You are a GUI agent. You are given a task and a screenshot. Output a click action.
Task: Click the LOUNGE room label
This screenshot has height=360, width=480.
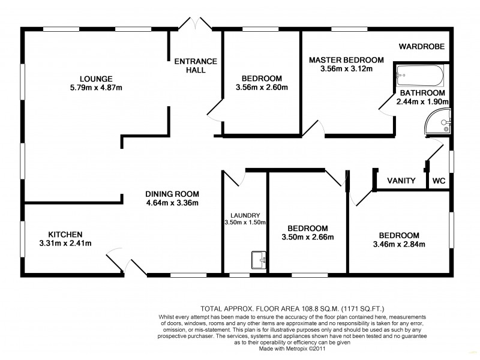coord(97,78)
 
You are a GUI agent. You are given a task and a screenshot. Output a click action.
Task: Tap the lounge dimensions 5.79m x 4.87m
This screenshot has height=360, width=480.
coord(97,88)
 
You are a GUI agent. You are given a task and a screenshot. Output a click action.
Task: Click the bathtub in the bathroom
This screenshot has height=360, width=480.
coord(419,76)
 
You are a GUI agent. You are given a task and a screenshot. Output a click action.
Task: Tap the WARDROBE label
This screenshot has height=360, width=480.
coord(423,46)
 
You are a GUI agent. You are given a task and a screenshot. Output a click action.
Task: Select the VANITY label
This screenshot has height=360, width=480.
coord(401,180)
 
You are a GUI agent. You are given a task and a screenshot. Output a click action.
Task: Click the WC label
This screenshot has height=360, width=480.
coord(440,180)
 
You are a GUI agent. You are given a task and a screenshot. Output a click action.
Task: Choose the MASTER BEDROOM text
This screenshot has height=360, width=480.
coord(346,60)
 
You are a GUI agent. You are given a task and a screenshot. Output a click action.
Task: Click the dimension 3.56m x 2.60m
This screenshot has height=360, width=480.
coord(262,88)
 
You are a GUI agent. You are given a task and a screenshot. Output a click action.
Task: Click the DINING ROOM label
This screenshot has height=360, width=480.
coord(172,194)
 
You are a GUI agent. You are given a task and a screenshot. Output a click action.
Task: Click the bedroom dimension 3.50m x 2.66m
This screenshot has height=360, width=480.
coord(307,238)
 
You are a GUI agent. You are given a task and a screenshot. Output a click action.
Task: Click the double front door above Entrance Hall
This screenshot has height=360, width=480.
coord(196,24)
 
